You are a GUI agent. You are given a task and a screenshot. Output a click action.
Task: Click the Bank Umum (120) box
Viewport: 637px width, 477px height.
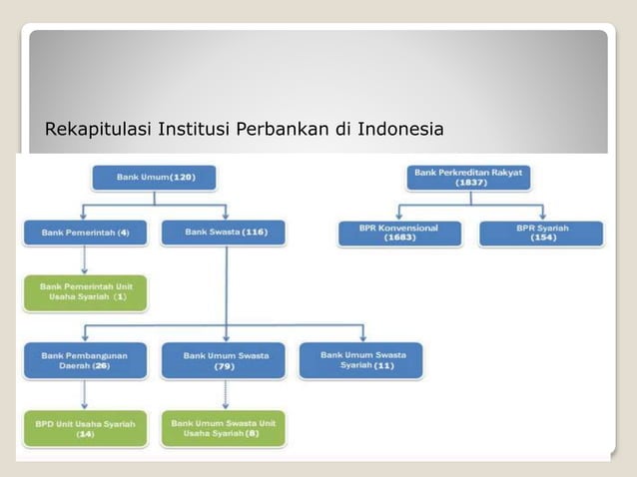coord(154,178)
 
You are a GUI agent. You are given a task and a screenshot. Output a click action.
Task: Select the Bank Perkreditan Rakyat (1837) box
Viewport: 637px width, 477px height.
coord(468,178)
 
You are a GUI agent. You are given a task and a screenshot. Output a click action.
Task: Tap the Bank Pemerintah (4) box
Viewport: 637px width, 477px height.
coord(85,234)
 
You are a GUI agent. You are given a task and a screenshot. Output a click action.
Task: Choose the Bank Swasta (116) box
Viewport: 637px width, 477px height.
coord(226,234)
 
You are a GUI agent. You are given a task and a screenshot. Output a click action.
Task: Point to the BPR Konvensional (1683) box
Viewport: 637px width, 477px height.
coord(399,233)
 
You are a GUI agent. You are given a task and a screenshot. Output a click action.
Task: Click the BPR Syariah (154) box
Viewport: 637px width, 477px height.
coord(542,233)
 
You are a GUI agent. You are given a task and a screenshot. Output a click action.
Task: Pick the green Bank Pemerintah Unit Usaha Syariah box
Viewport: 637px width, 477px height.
coord(85,292)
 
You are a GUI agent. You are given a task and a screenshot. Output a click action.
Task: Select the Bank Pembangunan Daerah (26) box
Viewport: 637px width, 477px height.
coord(85,360)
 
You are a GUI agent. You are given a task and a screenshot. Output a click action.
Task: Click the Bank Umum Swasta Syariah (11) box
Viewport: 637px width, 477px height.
coord(359,359)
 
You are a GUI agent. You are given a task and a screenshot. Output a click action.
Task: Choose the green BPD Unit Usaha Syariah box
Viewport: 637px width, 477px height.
coord(85,428)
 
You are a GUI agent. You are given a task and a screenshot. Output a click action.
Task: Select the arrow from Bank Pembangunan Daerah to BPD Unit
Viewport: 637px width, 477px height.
coord(85,394)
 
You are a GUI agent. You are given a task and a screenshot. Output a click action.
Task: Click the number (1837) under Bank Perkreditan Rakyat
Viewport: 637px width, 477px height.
coord(468,184)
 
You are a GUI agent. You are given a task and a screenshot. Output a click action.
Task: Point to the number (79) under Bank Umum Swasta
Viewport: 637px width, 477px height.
coord(224,366)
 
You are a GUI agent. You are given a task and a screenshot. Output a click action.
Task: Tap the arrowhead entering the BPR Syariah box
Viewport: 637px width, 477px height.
coord(542,216)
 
